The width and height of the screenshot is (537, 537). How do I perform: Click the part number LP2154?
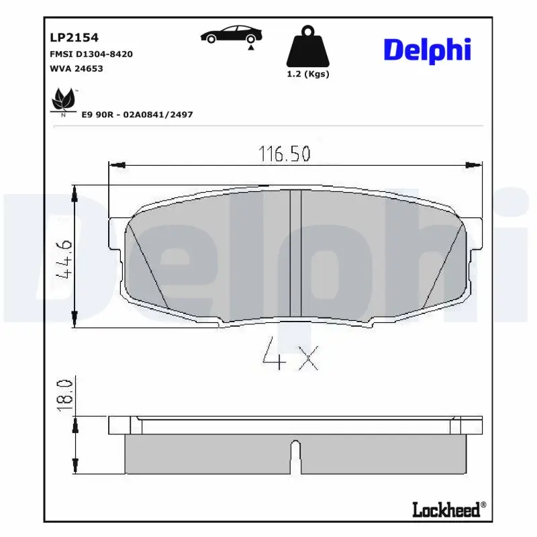70,38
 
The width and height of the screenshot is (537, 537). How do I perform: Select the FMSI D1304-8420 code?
91,54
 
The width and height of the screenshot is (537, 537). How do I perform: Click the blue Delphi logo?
426,50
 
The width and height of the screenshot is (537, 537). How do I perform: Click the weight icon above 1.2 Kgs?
307,47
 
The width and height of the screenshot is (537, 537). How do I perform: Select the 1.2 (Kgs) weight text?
307,75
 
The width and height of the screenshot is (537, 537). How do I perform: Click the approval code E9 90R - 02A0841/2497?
137,115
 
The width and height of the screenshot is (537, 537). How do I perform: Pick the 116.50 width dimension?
285,154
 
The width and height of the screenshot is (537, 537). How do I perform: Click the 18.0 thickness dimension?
65,394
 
